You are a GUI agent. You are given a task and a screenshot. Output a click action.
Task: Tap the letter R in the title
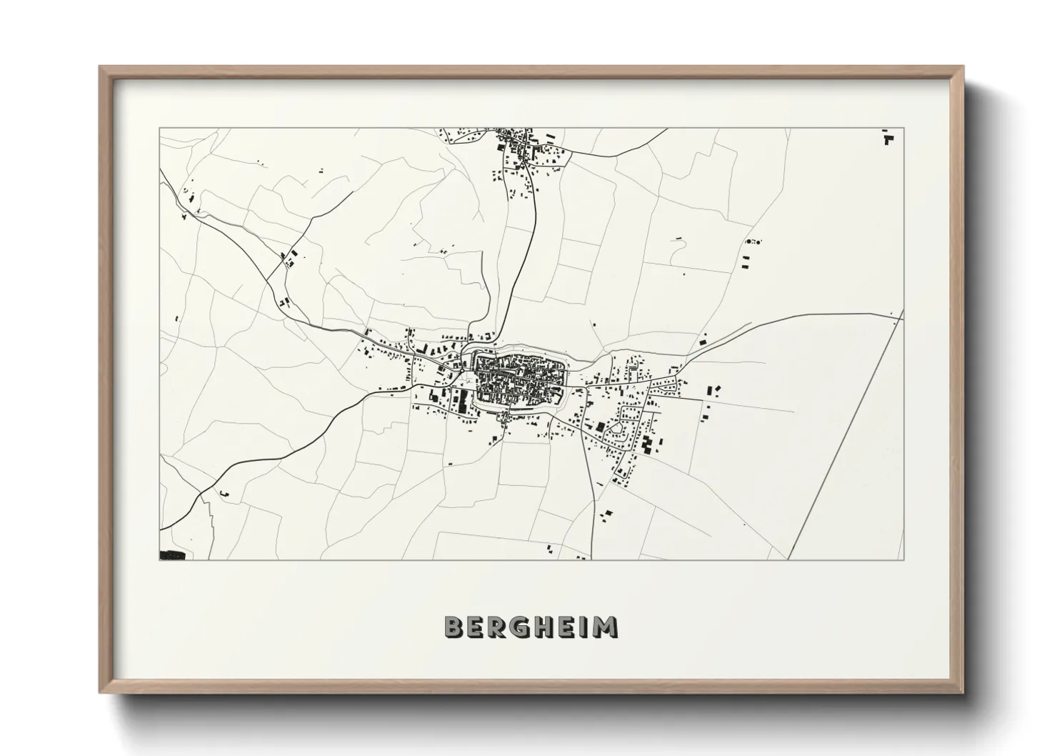[499, 627]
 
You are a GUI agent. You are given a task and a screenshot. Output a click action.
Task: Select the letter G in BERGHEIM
[522, 627]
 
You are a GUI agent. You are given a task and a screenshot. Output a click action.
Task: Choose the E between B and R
[476, 627]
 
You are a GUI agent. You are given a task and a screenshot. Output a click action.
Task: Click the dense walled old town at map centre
[519, 377]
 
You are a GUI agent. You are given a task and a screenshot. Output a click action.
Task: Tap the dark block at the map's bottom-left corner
[172, 554]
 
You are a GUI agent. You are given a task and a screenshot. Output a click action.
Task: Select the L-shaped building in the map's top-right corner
[888, 138]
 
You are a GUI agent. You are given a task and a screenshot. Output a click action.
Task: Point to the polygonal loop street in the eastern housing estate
[614, 430]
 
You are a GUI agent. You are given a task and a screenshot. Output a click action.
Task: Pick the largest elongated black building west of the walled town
[461, 401]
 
